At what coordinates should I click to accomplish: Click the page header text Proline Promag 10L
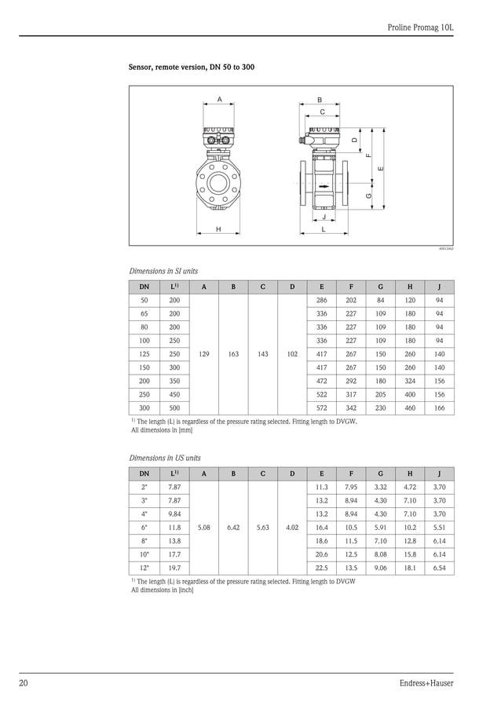pyautogui.click(x=421, y=27)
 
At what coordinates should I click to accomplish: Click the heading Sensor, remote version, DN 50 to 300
pyautogui.click(x=191, y=68)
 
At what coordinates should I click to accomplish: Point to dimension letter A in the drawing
pyautogui.click(x=220, y=99)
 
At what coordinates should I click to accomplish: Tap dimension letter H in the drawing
pyautogui.click(x=218, y=229)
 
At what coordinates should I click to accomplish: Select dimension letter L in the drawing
pyautogui.click(x=324, y=229)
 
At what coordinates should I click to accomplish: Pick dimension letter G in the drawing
pyautogui.click(x=368, y=195)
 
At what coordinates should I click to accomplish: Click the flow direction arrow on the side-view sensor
pyautogui.click(x=324, y=187)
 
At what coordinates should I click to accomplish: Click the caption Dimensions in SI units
pyautogui.click(x=163, y=270)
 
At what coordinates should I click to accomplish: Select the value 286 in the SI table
pyautogui.click(x=321, y=301)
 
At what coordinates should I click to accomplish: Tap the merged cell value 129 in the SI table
pyautogui.click(x=204, y=354)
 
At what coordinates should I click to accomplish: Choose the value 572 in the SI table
pyautogui.click(x=321, y=408)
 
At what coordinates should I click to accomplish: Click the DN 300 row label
pyautogui.click(x=144, y=408)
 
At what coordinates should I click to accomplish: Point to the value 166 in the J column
pyautogui.click(x=439, y=408)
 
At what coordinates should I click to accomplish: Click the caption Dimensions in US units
pyautogui.click(x=164, y=458)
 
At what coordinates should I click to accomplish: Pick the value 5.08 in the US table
pyautogui.click(x=204, y=528)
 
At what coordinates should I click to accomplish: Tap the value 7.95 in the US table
pyautogui.click(x=351, y=488)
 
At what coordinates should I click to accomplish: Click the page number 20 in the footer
pyautogui.click(x=24, y=683)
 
